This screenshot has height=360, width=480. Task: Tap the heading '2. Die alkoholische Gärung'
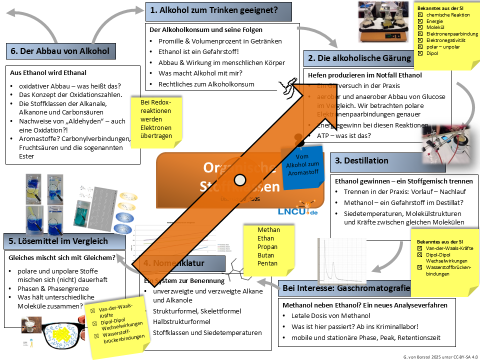coord(359,58)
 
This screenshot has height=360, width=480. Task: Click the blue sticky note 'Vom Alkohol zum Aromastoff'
coord(301,166)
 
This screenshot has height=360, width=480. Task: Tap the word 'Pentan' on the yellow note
coord(267,263)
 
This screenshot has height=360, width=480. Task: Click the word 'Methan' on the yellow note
coord(268,229)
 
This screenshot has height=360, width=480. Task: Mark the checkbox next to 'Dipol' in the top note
coord(420,53)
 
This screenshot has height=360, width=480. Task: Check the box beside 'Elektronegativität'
coord(420,40)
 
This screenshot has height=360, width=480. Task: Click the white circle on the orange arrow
coord(240,179)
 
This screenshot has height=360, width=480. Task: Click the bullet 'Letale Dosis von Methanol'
coord(330,315)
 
